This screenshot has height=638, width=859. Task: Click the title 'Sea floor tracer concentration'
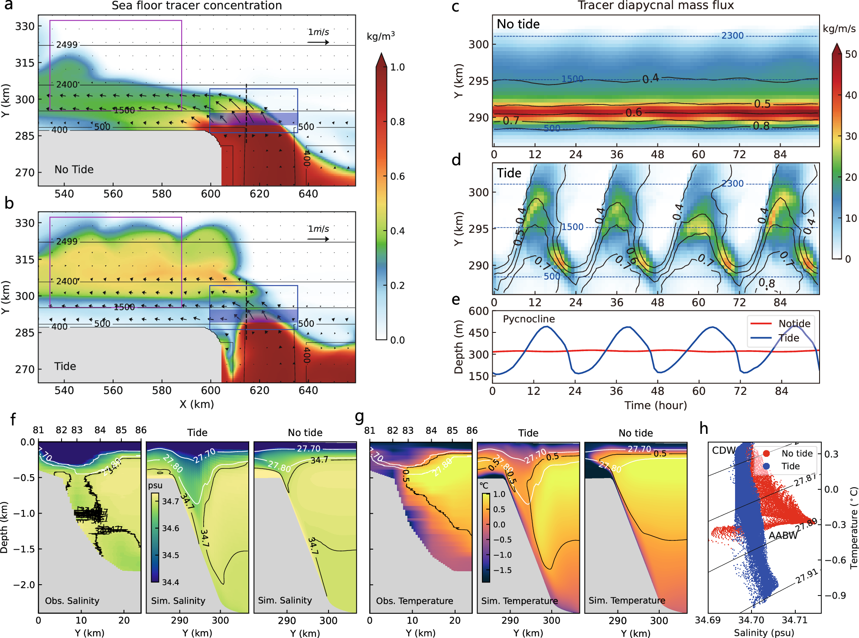tap(196, 6)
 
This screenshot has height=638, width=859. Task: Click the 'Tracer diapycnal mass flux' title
tap(655, 5)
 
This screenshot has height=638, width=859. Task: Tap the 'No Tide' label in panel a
tap(74, 169)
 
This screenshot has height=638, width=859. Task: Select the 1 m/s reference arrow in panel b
tap(318, 239)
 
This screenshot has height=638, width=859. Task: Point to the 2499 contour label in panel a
tap(67, 45)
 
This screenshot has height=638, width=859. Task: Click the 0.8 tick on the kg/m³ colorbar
tap(397, 122)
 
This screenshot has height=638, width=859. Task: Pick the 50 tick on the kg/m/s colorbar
tap(850, 54)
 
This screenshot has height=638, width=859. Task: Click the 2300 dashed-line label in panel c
tap(732, 36)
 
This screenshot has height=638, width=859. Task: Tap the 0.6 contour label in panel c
tap(633, 113)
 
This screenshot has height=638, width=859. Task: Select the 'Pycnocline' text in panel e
tap(528, 319)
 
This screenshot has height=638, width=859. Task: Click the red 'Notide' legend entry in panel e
tap(780, 323)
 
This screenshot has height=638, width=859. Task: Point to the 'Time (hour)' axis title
tap(655, 405)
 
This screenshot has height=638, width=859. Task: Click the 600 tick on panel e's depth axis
tap(478, 311)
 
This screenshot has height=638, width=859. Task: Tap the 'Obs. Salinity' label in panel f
tap(72, 601)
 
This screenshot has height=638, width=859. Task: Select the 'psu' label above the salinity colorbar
tap(155, 485)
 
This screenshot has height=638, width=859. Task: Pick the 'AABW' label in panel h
tap(783, 536)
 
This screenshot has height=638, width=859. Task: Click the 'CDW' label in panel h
tap(723, 450)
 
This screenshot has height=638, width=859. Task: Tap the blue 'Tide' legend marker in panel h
tap(766, 466)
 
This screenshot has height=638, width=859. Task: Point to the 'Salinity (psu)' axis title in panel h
tap(764, 633)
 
